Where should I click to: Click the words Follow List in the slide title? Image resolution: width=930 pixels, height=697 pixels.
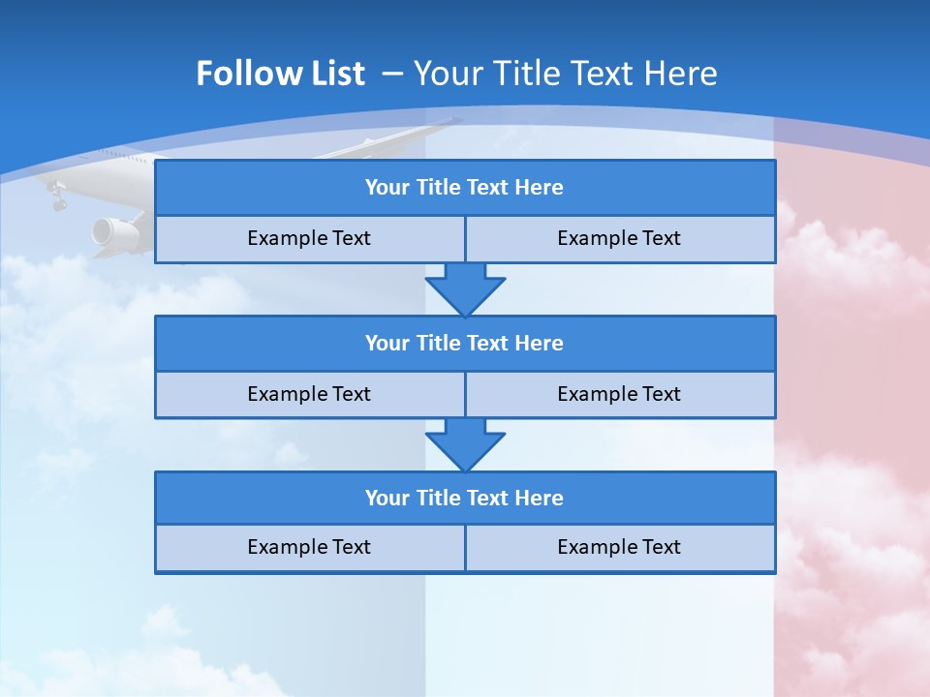280,74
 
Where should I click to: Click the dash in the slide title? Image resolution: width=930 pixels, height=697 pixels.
392,74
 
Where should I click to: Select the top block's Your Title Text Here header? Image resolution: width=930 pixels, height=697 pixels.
464,188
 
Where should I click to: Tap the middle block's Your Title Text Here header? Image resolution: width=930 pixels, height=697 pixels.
464,343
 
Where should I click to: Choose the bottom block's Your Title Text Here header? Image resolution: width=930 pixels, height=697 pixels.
464,498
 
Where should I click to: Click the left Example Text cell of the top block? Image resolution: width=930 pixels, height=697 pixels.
309,238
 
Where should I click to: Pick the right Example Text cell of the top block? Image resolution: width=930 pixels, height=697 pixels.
619,238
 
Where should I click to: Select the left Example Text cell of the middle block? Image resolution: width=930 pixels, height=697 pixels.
309,394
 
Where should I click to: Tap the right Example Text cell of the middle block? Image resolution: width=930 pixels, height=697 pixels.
619,394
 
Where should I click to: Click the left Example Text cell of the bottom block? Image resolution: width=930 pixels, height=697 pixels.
309,547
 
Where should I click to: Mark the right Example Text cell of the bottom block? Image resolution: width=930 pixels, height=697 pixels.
619,547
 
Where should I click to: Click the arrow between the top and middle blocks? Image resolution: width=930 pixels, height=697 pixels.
465,289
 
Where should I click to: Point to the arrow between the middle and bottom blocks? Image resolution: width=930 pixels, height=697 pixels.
465,444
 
